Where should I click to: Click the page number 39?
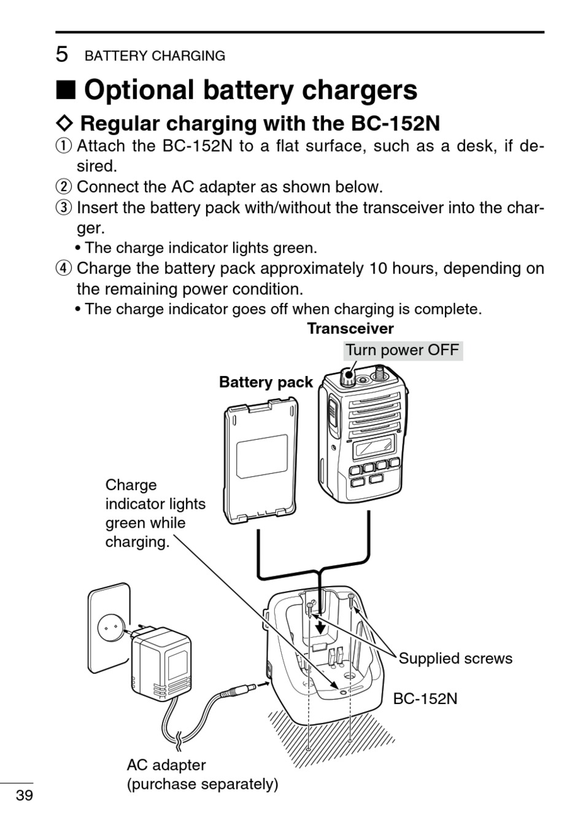24,796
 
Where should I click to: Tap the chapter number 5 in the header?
61,55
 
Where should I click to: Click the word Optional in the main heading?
138,90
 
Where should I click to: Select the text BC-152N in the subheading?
395,123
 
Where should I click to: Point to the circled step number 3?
64,208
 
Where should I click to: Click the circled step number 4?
64,268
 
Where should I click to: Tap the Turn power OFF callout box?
402,351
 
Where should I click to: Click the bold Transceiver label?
350,329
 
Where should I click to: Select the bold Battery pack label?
266,382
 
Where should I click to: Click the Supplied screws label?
455,659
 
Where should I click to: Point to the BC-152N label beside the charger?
425,699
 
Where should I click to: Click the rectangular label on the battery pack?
262,456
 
